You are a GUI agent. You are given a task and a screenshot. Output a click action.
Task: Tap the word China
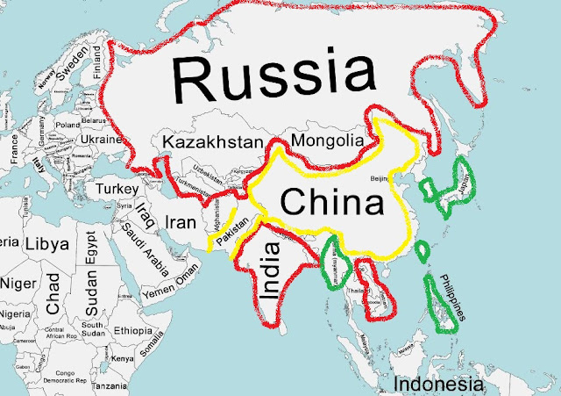coord(332,204)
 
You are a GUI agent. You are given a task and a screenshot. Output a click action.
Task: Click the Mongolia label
coord(326,140)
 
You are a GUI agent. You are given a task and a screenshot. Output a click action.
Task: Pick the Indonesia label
coord(437,384)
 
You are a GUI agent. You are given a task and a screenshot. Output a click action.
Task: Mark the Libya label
coord(47,243)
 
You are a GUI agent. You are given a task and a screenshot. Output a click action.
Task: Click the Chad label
coord(53,295)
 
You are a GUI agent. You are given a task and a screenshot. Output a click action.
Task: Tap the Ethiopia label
coord(133,330)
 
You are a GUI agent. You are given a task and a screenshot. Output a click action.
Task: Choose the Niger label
coord(18,284)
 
